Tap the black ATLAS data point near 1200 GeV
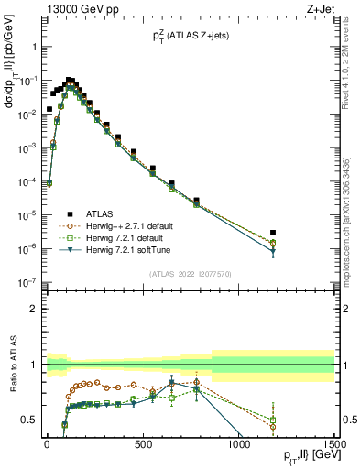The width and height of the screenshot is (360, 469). [273, 233]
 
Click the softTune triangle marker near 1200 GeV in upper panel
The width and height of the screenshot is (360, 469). [273, 252]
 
